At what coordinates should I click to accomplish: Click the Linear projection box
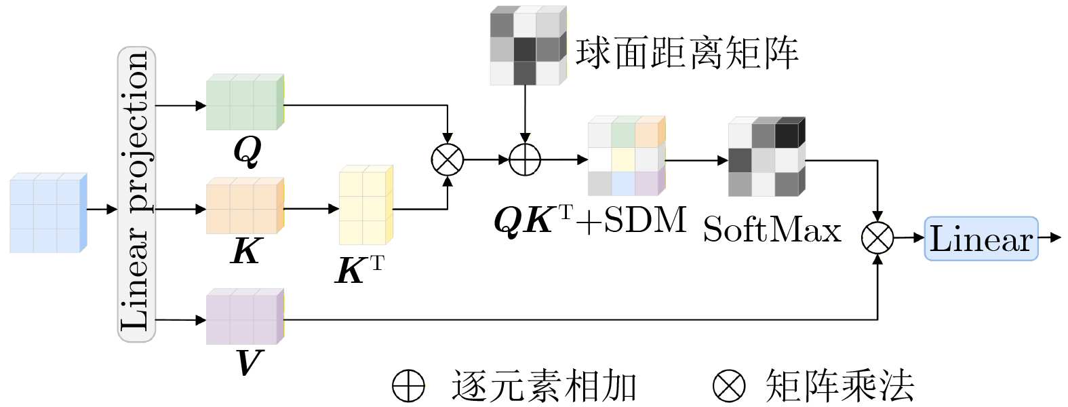coord(137,194)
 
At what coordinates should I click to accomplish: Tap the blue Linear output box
coord(981,239)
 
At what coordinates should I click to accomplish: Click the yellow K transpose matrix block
coord(365,205)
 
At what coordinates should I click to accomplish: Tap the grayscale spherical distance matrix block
coord(528,46)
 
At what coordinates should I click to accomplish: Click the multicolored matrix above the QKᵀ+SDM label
coord(626,157)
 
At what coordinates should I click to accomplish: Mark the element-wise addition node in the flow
coord(525,160)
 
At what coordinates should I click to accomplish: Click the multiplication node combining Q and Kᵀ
coord(448,160)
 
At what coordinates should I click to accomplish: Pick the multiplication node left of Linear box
coord(877,238)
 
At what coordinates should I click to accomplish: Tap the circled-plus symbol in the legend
coord(408,386)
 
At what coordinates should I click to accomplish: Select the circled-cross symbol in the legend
coord(729,386)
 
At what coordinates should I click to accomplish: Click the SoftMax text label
coord(772,230)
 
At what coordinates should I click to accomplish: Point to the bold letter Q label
coord(247,151)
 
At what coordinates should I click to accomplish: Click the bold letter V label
coord(248,363)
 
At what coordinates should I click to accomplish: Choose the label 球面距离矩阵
coord(687,52)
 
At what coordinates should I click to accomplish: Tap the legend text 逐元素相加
coord(544,386)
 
